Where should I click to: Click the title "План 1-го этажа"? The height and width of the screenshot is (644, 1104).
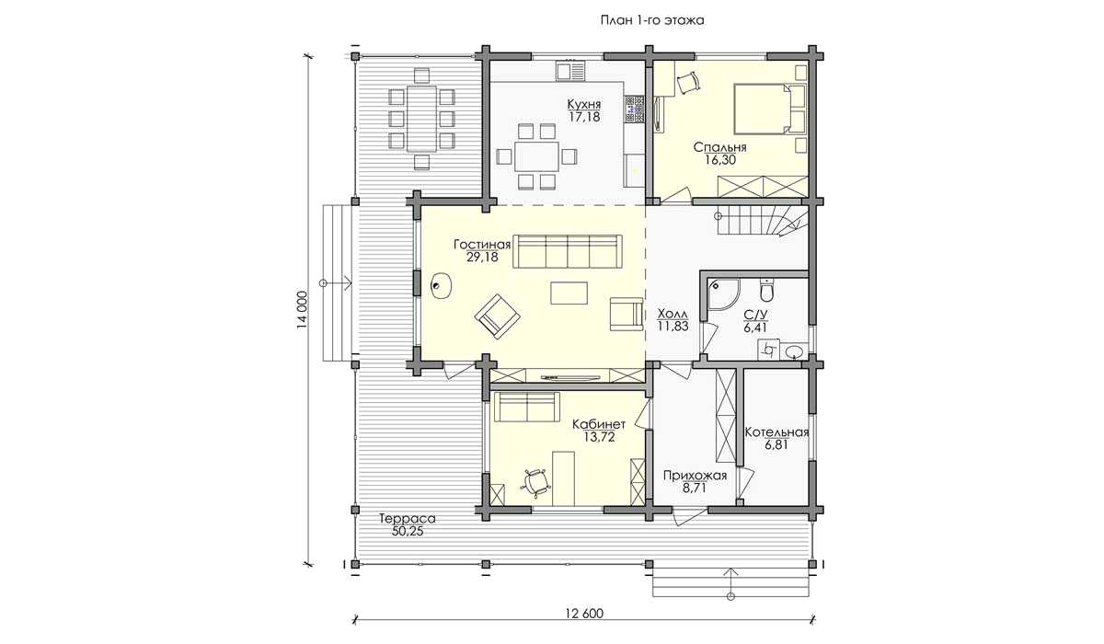[651, 20]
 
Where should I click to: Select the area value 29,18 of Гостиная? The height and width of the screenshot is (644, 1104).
[482, 258]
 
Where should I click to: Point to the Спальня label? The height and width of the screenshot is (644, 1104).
[719, 147]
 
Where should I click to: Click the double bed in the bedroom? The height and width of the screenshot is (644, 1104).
[769, 109]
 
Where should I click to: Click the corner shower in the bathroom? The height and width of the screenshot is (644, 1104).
[723, 295]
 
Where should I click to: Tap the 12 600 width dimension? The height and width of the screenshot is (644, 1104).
[583, 614]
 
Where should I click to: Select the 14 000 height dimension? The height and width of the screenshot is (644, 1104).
[302, 309]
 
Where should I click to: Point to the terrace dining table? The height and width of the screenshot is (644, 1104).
[421, 119]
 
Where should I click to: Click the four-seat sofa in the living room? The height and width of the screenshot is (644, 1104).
[568, 251]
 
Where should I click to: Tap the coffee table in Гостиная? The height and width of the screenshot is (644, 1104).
[569, 293]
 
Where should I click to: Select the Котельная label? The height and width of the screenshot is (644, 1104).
[776, 432]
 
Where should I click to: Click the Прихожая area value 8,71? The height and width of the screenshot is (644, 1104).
[695, 489]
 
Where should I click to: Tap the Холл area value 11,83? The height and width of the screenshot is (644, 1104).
[673, 326]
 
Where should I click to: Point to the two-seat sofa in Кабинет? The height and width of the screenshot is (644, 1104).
[527, 407]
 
